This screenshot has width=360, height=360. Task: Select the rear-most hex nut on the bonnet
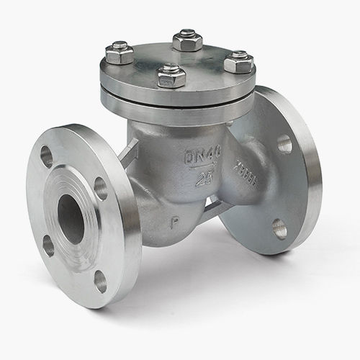click(x=187, y=40)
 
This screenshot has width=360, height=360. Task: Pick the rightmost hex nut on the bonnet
click(x=238, y=62)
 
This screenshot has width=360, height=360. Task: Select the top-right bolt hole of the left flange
click(x=101, y=189)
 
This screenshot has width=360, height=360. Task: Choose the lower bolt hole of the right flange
click(x=279, y=229)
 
